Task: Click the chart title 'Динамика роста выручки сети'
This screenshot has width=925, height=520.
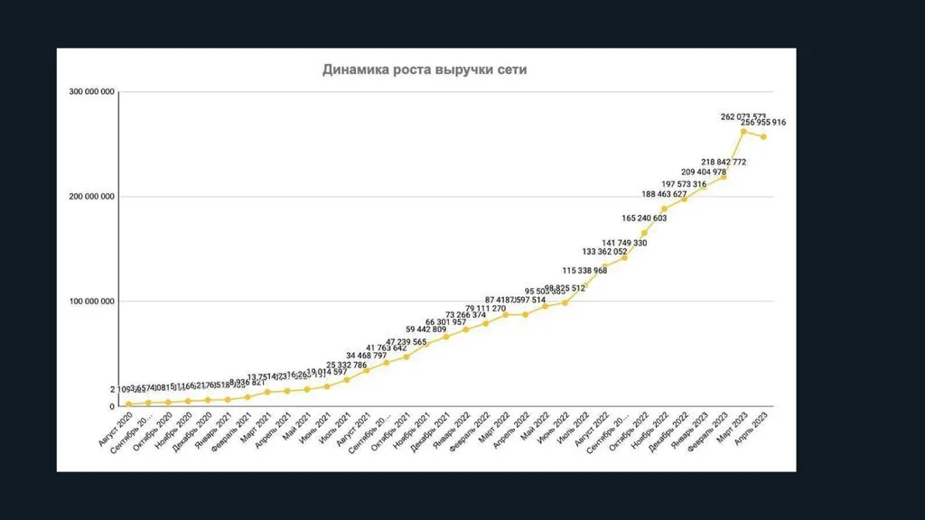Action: [425, 70]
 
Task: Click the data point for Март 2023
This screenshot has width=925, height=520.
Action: [743, 131]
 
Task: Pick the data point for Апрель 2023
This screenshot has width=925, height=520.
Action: [763, 136]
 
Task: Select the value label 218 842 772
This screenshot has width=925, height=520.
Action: [715, 162]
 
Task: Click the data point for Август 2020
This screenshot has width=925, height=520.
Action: [128, 404]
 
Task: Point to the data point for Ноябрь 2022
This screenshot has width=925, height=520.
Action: [664, 209]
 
